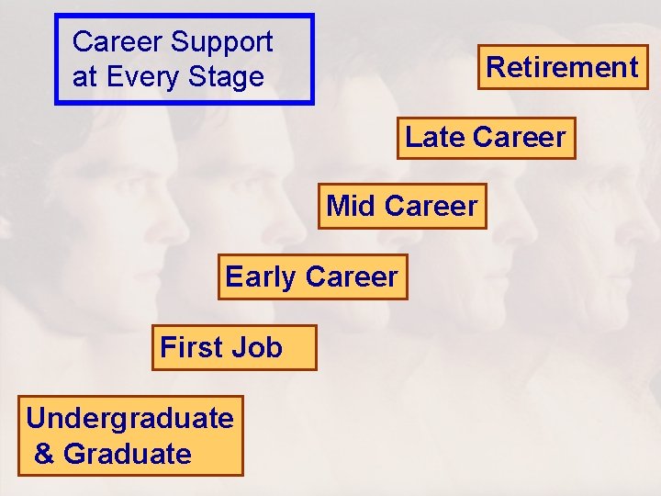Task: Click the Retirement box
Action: pos(562,67)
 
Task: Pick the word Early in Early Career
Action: pos(261,277)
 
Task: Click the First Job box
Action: pos(233,347)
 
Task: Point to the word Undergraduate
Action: pos(129,419)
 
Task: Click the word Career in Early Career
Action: pos(352,277)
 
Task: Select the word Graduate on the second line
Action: pos(128,454)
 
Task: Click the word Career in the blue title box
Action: pos(118,42)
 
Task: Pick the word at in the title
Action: pos(84,77)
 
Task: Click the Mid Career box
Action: pos(402,207)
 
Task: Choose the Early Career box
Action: pos(312,277)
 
